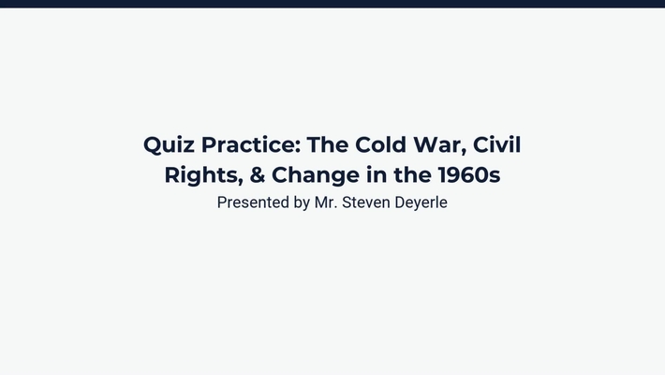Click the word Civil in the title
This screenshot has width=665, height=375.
coord(496,145)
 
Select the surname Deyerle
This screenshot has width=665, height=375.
coord(421,202)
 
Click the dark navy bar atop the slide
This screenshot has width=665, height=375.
coord(332,4)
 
